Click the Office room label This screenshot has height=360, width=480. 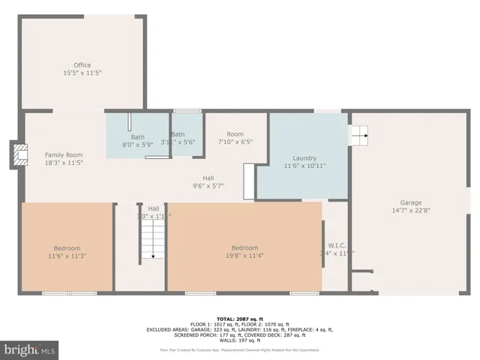(x=82, y=65)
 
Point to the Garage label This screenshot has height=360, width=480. (x=409, y=202)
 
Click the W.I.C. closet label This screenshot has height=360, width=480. (x=336, y=245)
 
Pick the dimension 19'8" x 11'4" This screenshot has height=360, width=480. (x=244, y=256)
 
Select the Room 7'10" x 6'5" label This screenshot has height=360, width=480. (x=235, y=134)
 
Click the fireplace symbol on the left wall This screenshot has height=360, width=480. (x=15, y=155)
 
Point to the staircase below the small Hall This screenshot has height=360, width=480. (x=152, y=241)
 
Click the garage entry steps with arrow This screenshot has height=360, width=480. (x=360, y=136)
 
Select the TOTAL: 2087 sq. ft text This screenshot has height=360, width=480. (x=239, y=318)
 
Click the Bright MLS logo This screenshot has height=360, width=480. (x=30, y=349)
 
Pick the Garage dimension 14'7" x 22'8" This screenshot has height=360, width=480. (x=409, y=211)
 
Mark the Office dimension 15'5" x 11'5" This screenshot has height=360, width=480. (x=82, y=73)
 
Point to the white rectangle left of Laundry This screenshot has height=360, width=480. (x=249, y=181)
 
